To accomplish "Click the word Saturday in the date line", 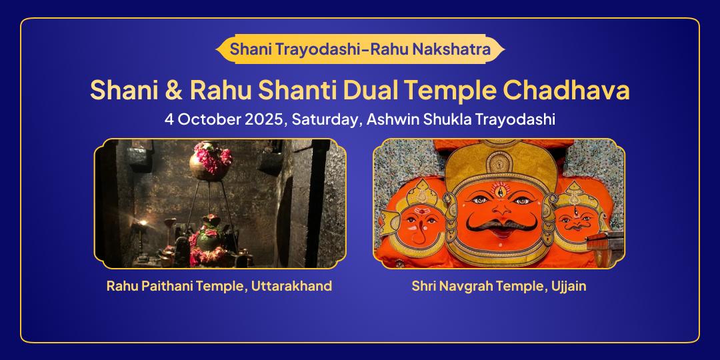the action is coord(325,120).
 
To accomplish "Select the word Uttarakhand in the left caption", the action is coord(291,285).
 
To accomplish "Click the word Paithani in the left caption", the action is coord(171,286).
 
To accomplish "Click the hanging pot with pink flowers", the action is coord(210,161).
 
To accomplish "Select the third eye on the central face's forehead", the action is coord(501,189).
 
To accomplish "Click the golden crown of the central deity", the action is coord(501,163).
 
